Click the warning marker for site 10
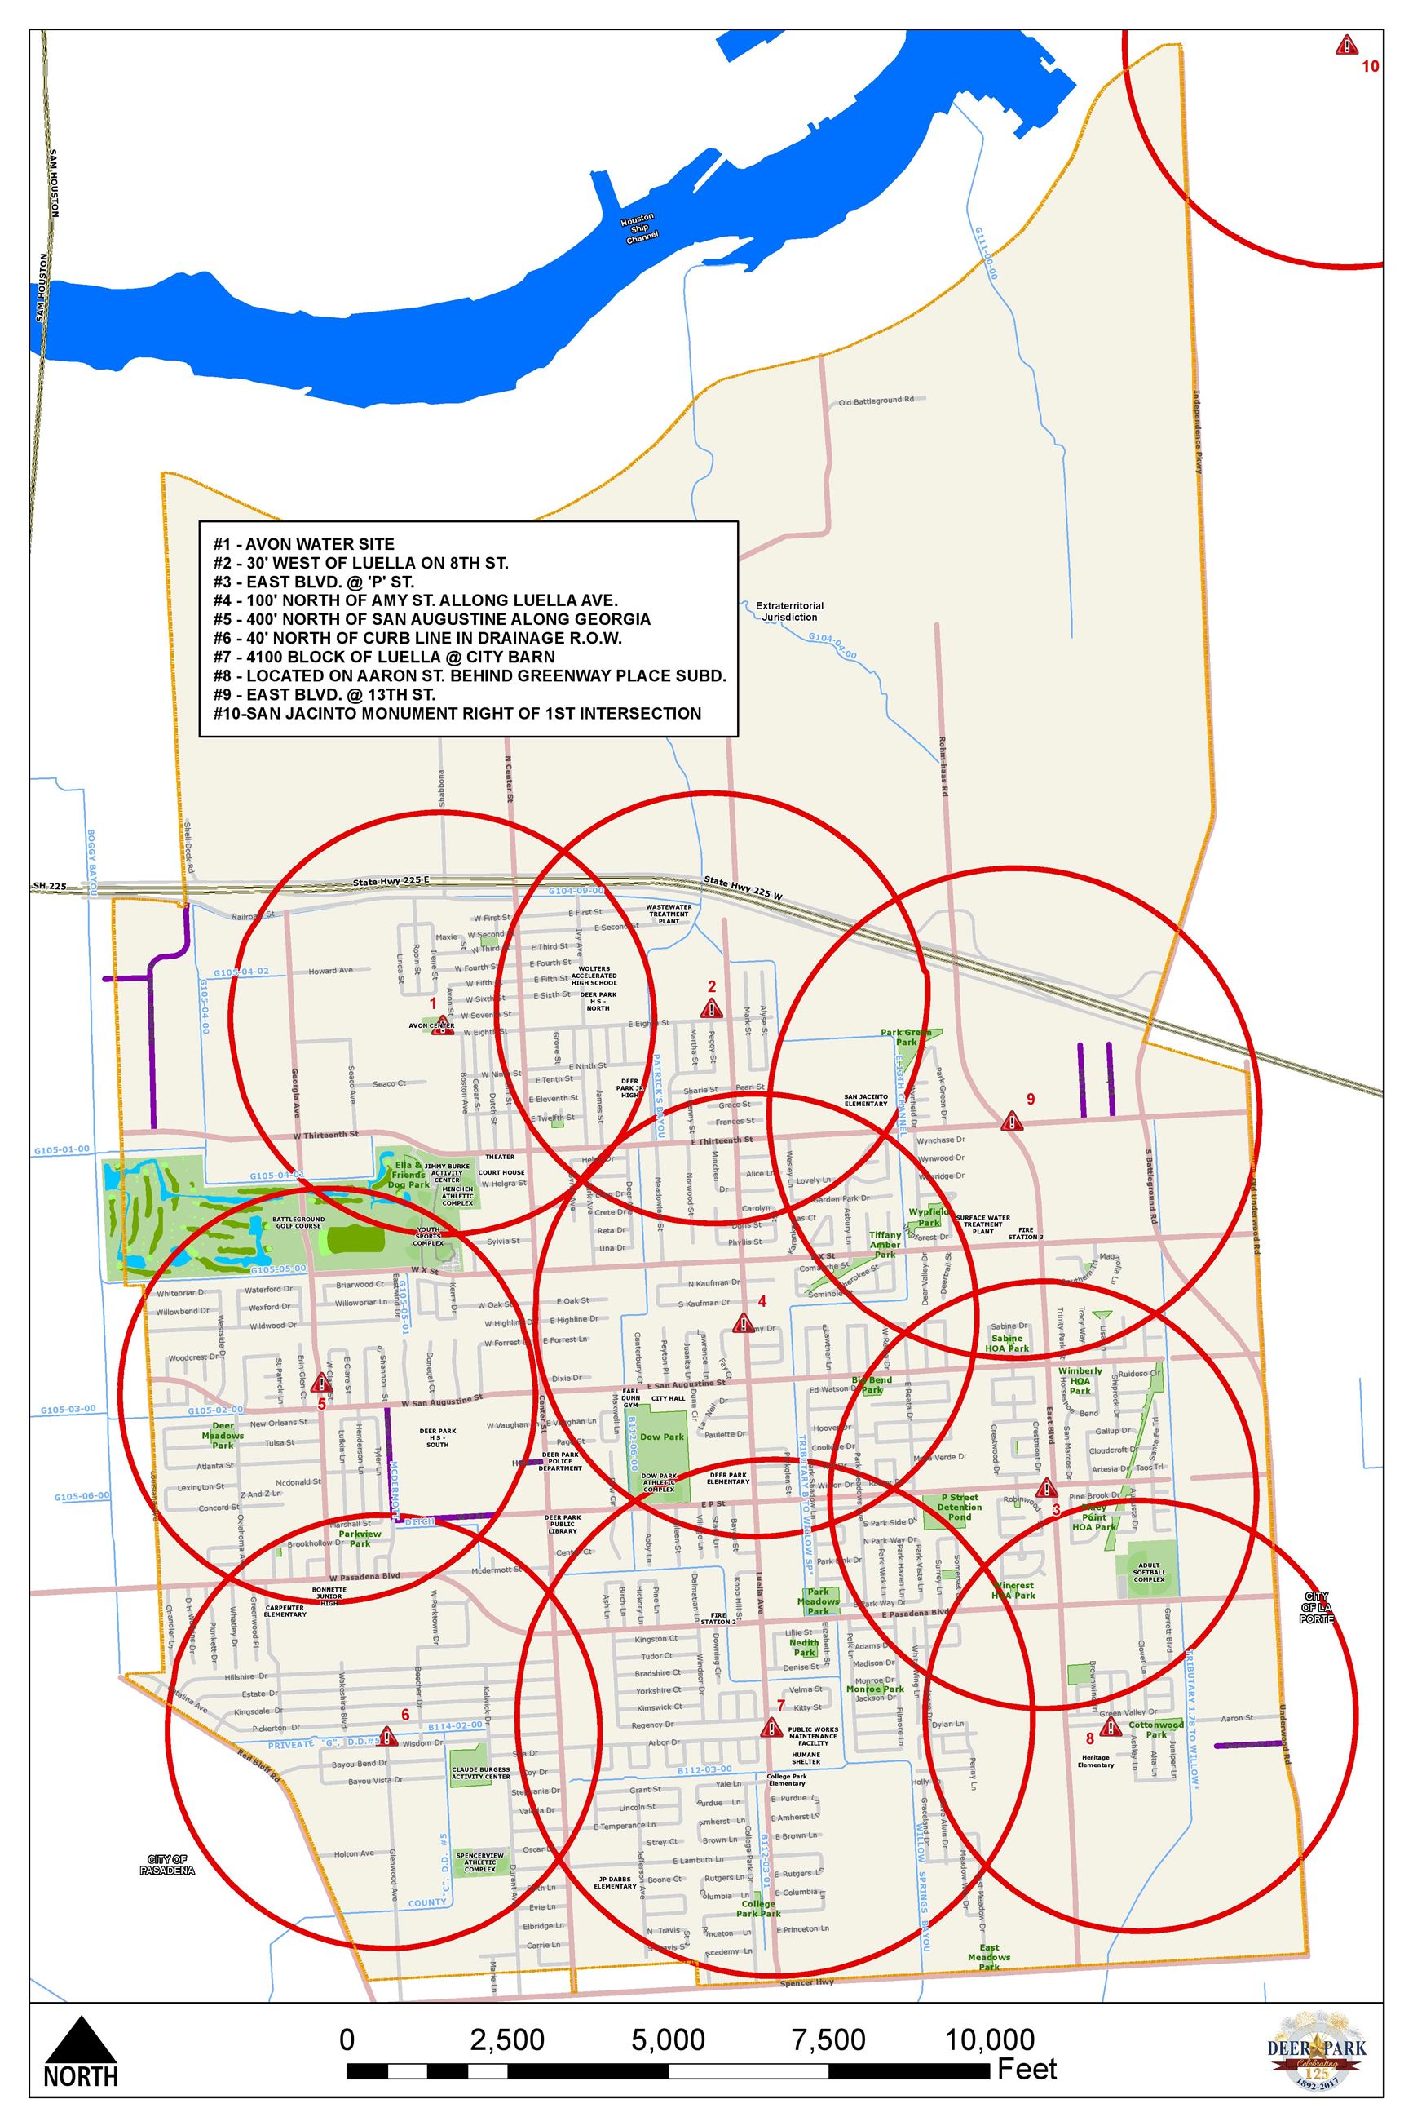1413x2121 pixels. pyautogui.click(x=1346, y=45)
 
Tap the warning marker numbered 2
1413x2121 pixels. pyautogui.click(x=712, y=1007)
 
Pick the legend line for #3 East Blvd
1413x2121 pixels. pyautogui.click(x=314, y=582)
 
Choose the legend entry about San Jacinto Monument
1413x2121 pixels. pyautogui.click(x=457, y=713)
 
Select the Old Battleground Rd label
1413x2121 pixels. pyautogui.click(x=875, y=400)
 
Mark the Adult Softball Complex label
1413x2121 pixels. pyautogui.click(x=1149, y=1572)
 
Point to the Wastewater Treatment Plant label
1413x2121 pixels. pyautogui.click(x=669, y=914)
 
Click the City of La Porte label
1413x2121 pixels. pyautogui.click(x=1316, y=1608)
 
